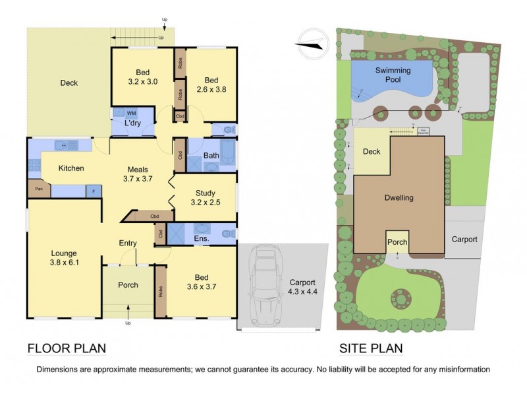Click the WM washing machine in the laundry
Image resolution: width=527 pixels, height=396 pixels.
coord(132,114)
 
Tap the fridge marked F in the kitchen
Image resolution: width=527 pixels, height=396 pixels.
coord(94,191)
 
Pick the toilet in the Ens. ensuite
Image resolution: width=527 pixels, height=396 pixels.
coord(225,234)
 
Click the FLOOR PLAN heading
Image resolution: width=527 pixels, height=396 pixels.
coord(67,348)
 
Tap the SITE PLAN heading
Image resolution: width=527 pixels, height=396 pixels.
coord(371,348)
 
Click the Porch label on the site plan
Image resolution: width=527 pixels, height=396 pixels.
coord(397,242)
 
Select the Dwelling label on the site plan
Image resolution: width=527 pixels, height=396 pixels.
coord(399,197)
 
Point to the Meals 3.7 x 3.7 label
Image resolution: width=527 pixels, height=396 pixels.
coord(138,173)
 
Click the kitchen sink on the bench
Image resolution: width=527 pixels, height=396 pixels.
coord(64,145)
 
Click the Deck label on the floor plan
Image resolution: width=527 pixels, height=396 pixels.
coord(69,83)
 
